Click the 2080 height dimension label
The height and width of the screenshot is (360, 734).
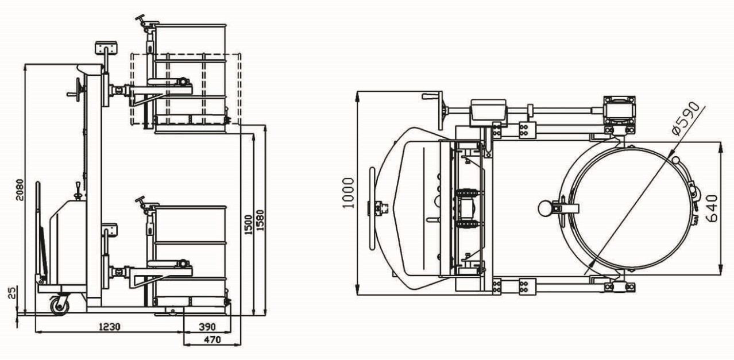click(20, 189)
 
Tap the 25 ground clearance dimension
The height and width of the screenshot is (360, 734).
click(12, 293)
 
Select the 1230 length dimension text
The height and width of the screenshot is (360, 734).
click(110, 327)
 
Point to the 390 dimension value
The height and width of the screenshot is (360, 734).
click(207, 327)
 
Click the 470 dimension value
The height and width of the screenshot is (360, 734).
click(213, 340)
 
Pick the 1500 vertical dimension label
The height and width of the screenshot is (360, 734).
click(249, 224)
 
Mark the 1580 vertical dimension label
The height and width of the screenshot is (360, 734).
click(260, 220)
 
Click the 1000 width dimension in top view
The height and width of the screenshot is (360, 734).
click(348, 192)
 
